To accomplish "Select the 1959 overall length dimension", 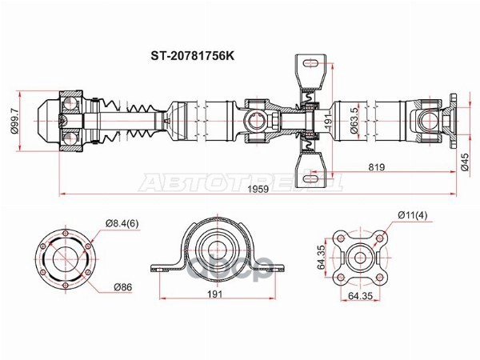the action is point(258,189).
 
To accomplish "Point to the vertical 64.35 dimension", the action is point(319,260).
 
